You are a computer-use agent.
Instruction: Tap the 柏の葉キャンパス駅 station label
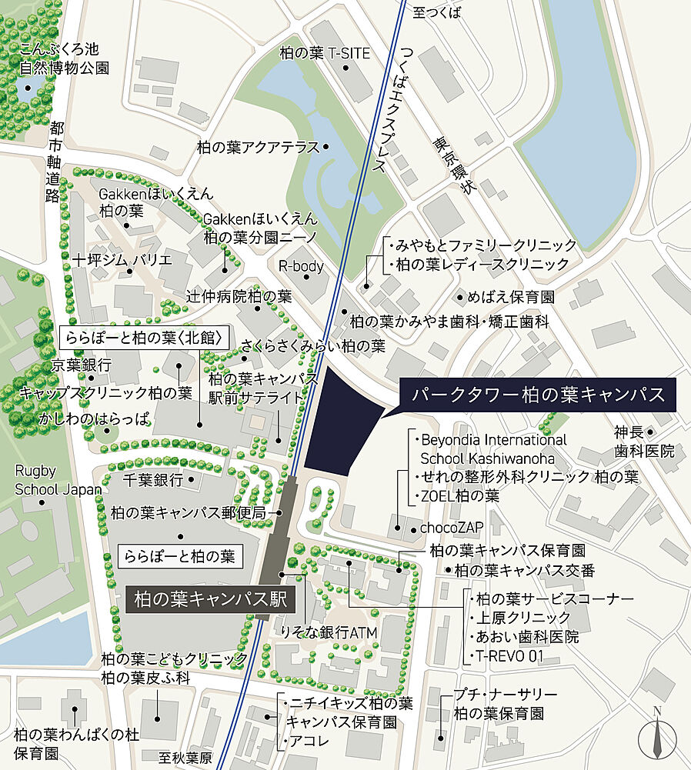coord(210,599)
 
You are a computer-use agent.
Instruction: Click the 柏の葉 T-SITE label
coord(325,53)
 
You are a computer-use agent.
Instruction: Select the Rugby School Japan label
coord(58,479)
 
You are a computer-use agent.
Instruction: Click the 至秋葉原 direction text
coord(185,757)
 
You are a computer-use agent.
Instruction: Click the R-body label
coord(301,267)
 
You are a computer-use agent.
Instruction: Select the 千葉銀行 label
coord(153,480)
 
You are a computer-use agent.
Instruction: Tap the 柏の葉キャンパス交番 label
coord(525,570)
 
